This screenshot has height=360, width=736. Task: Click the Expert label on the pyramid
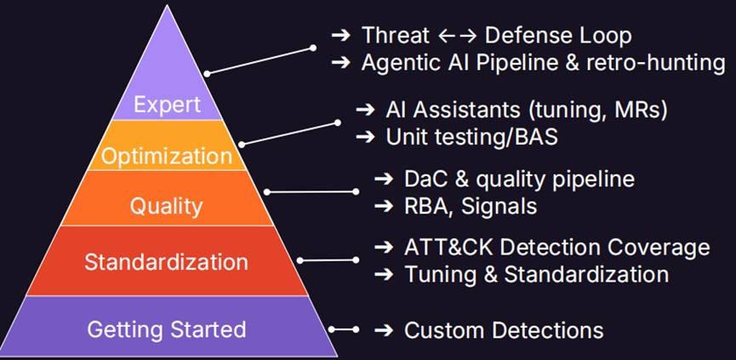(x=167, y=105)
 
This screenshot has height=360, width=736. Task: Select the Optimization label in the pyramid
(x=165, y=157)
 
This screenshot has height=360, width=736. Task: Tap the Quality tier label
(x=166, y=207)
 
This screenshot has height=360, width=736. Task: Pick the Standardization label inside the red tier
(x=166, y=261)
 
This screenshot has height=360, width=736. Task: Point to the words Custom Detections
(x=504, y=330)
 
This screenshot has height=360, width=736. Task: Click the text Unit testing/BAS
(x=472, y=136)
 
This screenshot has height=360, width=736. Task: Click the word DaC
(x=424, y=180)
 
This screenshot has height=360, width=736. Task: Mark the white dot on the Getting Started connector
(x=334, y=329)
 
